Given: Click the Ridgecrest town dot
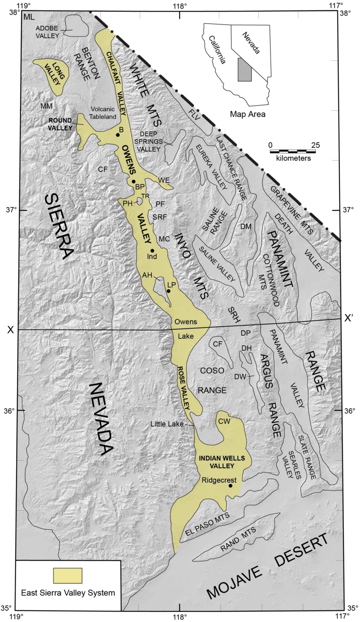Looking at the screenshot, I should click(231, 486).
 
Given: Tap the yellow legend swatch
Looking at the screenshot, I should click(67, 576).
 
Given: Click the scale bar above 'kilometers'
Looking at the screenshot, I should click(292, 152).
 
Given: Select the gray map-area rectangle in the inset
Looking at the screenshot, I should click(245, 70).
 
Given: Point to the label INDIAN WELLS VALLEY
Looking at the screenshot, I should click(222, 462).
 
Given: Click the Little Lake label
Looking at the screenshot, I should click(167, 424).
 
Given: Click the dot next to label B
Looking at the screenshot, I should click(118, 135).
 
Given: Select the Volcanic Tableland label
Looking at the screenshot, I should click(103, 113).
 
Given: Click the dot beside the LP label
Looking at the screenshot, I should click(169, 291).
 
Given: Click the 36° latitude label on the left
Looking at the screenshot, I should click(8, 410).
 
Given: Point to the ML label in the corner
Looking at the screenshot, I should click(29, 17).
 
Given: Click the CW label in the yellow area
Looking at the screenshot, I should click(224, 421).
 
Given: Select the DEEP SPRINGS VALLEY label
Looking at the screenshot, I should click(149, 141).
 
